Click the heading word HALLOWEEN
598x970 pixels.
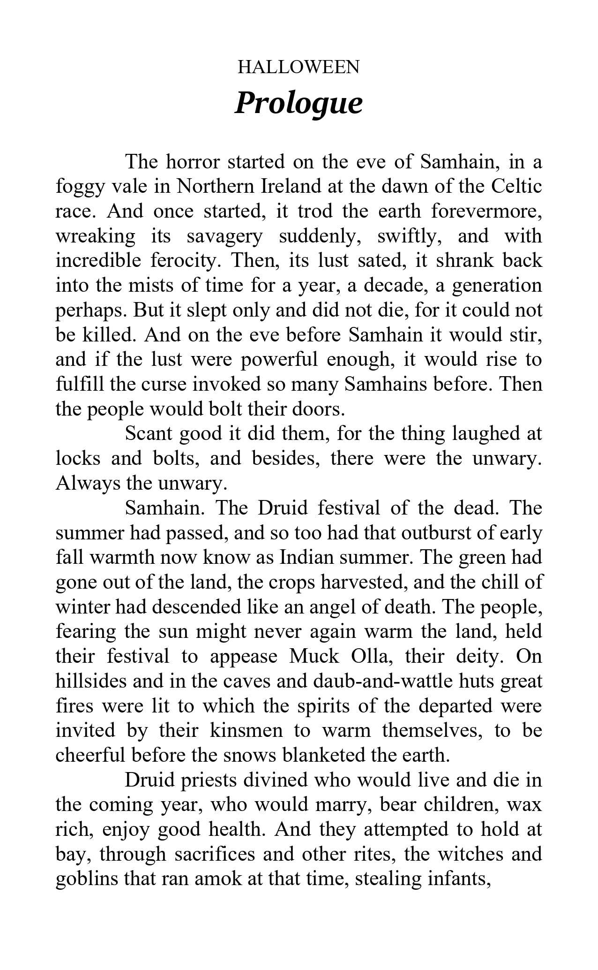coord(299,67)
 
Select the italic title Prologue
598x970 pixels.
coord(299,103)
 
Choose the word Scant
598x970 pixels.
coord(149,433)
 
